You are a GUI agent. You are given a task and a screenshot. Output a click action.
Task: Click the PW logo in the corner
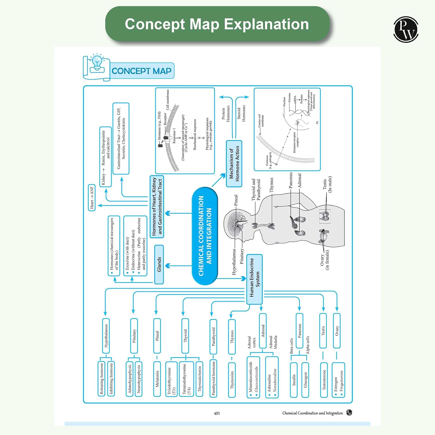coord(406,29)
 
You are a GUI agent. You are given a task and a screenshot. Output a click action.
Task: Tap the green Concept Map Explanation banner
coord(217,24)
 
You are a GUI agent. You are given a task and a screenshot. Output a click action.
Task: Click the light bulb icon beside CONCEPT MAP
coord(97,63)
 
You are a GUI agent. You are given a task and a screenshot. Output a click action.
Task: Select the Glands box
coord(159,264)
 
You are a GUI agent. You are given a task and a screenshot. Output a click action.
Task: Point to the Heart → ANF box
coord(92,197)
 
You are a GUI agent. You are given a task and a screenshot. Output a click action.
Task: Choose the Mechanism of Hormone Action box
coord(234,164)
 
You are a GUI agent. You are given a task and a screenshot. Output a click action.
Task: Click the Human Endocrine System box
coord(254,279)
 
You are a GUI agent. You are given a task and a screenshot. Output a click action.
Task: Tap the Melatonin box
coord(157,379)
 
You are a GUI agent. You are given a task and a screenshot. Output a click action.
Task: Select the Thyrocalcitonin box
coord(200,379)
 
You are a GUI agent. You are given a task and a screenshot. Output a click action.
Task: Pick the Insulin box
coord(294,380)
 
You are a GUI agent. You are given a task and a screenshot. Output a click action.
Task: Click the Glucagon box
coord(305,380)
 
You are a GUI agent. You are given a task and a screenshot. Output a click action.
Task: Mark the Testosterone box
coord(324,380)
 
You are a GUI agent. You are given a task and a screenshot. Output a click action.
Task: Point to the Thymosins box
coord(232,380)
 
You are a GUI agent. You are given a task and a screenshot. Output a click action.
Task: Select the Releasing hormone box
coord(101,378)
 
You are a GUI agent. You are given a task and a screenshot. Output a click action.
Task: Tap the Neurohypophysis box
coord(139,378)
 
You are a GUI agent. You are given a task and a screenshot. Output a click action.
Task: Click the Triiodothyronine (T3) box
coord(171,379)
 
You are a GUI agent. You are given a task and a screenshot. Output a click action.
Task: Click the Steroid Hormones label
coord(241,113)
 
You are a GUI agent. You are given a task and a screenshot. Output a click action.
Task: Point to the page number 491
coord(217,413)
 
